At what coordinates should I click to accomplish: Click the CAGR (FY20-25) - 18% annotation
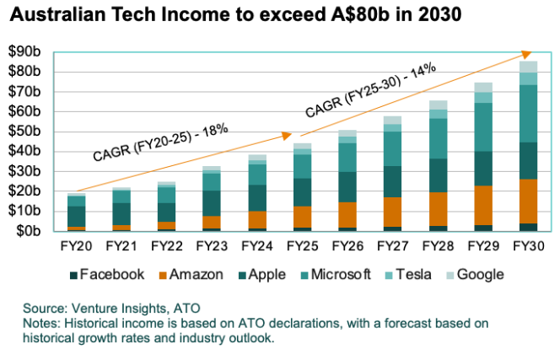(161, 141)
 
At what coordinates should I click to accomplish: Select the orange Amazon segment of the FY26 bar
(348, 215)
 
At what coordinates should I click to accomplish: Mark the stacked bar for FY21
(121, 209)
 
